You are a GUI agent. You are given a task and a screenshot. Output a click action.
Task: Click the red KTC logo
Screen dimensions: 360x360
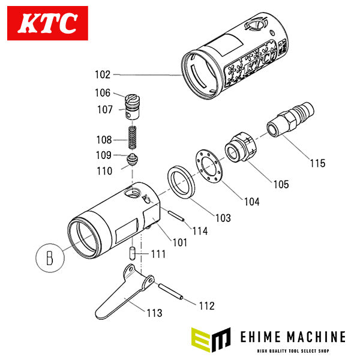(x=49, y=25)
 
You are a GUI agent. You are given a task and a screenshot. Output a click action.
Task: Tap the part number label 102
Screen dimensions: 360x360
(x=103, y=75)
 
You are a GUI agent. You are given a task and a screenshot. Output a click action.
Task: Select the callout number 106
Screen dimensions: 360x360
(x=103, y=93)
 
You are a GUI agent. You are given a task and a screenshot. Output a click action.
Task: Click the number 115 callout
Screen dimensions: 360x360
(x=317, y=163)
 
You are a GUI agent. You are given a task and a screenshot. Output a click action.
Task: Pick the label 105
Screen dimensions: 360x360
(x=280, y=183)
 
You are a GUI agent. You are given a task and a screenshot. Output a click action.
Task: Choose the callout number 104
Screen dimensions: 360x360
(x=251, y=202)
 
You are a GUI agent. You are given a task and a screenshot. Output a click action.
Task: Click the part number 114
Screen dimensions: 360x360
(x=200, y=231)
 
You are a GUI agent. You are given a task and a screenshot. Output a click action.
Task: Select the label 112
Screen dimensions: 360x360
(x=206, y=306)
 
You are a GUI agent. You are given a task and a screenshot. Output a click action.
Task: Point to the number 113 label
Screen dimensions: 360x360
(x=154, y=313)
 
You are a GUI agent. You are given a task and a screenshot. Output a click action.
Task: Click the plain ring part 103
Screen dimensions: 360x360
(x=179, y=181)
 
